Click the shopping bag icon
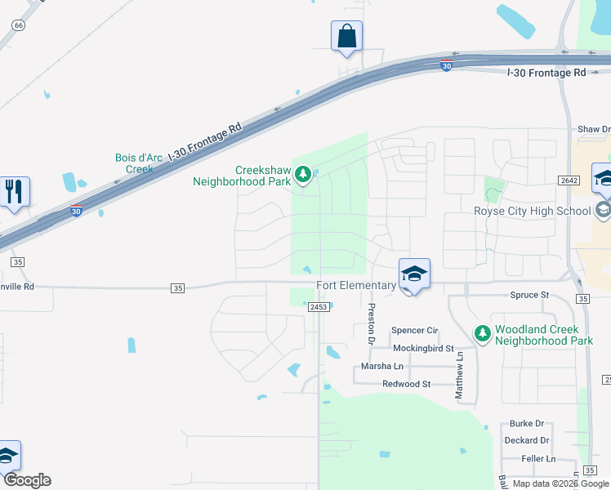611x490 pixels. (346, 37)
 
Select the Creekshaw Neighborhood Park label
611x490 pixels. (241, 176)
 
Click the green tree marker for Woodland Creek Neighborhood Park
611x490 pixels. (483, 332)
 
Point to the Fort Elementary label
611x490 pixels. (355, 285)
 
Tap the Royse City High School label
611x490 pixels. (532, 211)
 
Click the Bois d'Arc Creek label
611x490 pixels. (134, 163)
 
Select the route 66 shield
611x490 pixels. (19, 25)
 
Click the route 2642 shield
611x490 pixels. (569, 180)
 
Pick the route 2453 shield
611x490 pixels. (319, 307)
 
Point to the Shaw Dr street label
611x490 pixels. (594, 129)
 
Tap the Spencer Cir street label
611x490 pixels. (415, 330)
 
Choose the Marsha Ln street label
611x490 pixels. (382, 367)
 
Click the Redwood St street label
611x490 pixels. (406, 384)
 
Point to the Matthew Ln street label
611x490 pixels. (460, 376)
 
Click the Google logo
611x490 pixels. (26, 480)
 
